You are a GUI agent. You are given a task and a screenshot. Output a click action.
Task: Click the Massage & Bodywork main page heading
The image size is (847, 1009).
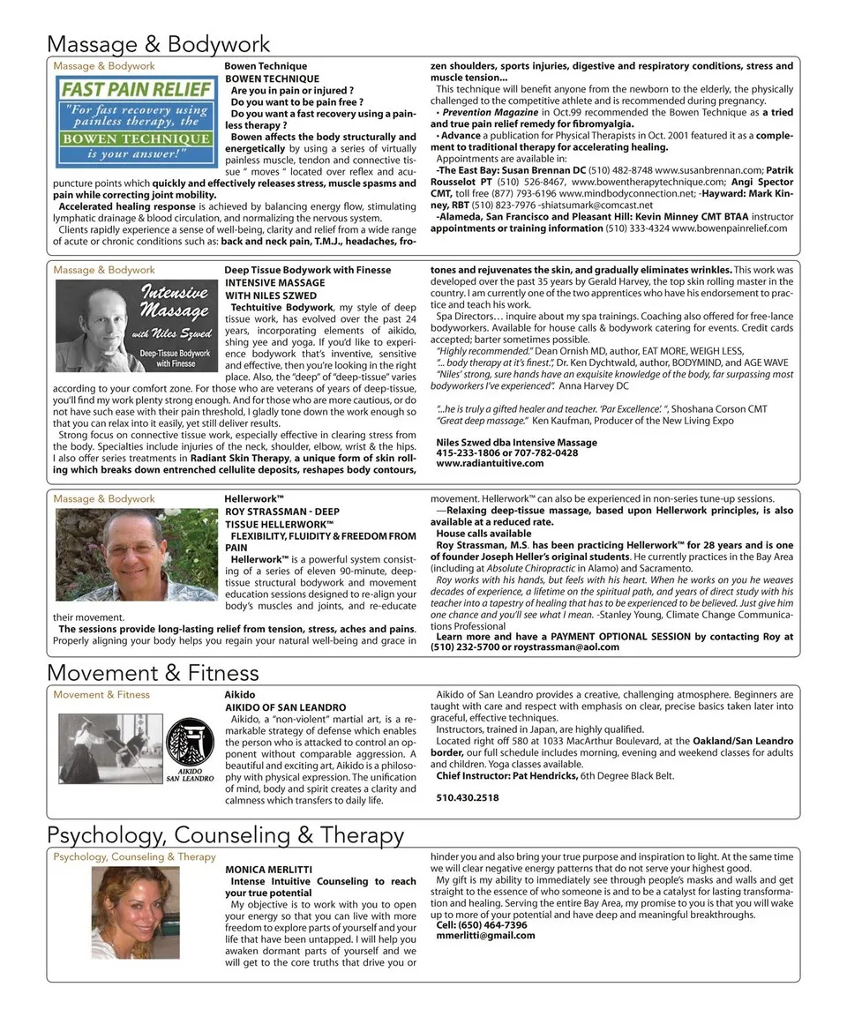click(158, 43)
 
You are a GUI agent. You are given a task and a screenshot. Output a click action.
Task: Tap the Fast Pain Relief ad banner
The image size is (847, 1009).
click(136, 121)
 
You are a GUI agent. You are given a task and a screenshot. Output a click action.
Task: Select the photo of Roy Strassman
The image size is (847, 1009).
click(136, 554)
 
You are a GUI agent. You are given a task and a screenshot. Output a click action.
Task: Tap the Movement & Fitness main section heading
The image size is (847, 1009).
click(153, 673)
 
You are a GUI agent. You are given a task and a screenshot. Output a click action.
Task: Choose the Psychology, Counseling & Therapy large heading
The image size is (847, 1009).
click(225, 834)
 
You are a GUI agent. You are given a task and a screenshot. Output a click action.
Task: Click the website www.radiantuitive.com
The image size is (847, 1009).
click(490, 463)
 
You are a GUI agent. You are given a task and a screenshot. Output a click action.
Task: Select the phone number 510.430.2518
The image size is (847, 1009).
click(467, 797)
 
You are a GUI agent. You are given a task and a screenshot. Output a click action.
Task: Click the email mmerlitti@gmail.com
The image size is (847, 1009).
click(485, 936)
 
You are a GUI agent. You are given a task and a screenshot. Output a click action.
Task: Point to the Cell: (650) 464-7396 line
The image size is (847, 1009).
click(481, 925)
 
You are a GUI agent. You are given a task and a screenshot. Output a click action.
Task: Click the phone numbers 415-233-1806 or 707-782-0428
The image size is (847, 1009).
click(506, 452)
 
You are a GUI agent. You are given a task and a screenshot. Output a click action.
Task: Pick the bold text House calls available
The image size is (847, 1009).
click(483, 534)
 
